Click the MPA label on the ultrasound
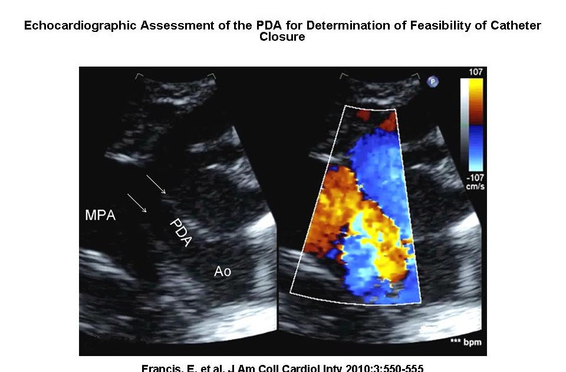click(x=100, y=216)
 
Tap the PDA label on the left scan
click(x=182, y=233)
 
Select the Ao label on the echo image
click(x=222, y=272)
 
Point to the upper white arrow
click(x=156, y=185)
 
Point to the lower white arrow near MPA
click(x=137, y=203)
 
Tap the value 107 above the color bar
click(x=475, y=73)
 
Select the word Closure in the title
click(x=282, y=37)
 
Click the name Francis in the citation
click(x=159, y=368)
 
